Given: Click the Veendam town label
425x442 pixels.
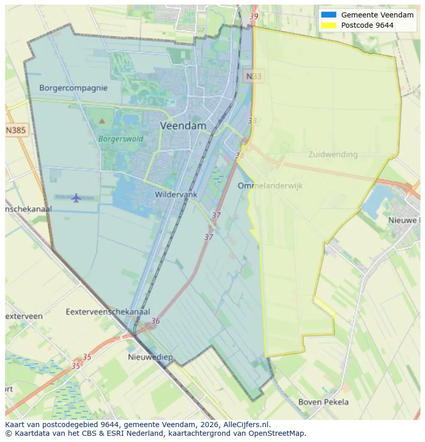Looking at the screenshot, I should (x=183, y=125).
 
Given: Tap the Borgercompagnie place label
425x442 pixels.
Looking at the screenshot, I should (x=73, y=88).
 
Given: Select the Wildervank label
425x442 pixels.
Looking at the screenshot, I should (x=176, y=195).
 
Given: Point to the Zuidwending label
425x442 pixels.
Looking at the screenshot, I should (x=333, y=154).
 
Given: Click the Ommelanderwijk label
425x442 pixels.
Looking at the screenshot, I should (x=270, y=185).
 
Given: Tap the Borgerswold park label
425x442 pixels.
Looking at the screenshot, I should (x=121, y=139).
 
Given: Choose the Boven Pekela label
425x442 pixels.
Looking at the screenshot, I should (x=323, y=402).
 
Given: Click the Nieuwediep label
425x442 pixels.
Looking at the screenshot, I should (x=150, y=357).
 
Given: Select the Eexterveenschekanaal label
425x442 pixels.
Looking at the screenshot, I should (x=108, y=312).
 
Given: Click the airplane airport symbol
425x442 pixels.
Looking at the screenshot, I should (x=76, y=198).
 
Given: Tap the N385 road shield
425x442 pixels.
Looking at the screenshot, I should (x=16, y=130).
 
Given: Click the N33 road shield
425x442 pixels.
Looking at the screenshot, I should (x=253, y=76).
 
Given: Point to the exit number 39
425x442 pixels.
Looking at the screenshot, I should (x=254, y=16).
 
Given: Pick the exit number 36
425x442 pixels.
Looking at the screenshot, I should (x=155, y=321).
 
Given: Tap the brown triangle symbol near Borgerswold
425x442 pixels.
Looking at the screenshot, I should (x=102, y=121).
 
